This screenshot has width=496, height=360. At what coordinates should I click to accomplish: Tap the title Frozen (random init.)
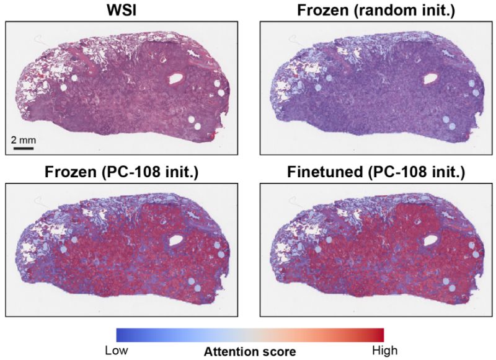(x=371, y=11)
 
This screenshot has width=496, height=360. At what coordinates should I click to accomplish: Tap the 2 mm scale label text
(x=24, y=140)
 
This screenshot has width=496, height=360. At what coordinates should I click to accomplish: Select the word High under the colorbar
(x=384, y=351)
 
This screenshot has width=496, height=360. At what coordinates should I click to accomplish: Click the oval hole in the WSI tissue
(x=177, y=79)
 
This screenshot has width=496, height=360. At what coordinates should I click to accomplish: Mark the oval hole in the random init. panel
(x=428, y=79)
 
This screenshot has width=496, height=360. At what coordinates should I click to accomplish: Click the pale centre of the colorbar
(x=250, y=335)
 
